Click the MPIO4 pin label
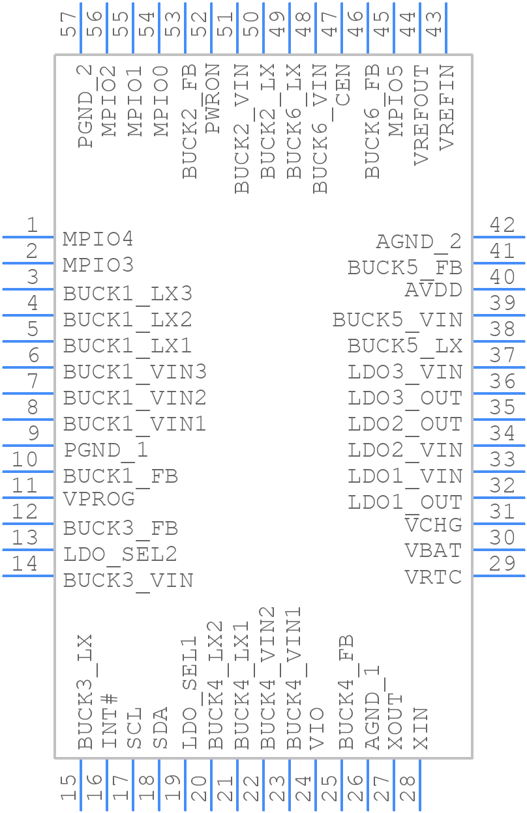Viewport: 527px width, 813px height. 98,239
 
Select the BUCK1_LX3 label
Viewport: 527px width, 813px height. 128,294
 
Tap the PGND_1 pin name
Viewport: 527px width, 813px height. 106,450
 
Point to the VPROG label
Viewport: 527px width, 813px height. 99,499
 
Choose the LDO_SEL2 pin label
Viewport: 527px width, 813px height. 120,554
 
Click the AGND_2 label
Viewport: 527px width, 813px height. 419,242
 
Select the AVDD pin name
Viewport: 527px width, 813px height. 433,291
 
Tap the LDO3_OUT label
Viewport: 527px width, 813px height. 405,398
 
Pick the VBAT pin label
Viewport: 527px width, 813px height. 433,551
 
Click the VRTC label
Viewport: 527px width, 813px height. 433,577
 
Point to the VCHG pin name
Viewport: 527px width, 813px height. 433,525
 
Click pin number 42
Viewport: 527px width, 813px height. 502,225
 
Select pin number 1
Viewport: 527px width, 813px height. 32,225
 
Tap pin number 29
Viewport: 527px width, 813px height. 502,563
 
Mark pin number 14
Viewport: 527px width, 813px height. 25,563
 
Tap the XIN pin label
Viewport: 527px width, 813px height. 421,729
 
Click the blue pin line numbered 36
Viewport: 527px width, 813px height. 499,393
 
